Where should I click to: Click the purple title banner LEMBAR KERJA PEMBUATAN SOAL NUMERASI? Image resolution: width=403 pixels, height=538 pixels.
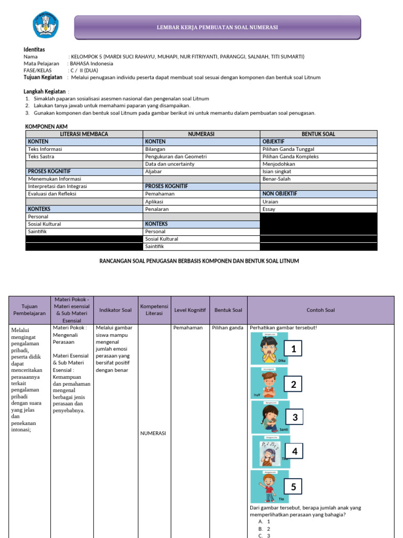pos(217,27)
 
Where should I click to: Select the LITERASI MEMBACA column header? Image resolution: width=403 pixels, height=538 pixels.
pos(84,134)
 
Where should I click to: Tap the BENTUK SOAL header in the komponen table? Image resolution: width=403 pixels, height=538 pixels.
pos(318,134)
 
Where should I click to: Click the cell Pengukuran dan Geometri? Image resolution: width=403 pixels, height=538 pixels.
pos(176,157)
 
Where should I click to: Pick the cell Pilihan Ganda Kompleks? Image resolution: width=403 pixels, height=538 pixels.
pos(290,157)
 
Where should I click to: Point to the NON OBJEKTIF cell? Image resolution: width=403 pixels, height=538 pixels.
pos(280,193)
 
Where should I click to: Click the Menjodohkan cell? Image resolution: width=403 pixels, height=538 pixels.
pos(279,164)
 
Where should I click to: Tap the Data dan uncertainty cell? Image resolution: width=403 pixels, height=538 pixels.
pos(169,164)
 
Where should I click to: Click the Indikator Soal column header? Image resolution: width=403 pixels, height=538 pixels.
pos(115,310)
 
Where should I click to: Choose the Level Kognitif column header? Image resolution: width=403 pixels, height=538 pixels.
pos(189,310)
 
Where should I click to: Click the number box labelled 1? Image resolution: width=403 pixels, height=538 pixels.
pos(294,348)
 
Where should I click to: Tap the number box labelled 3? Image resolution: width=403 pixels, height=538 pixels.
pos(295,418)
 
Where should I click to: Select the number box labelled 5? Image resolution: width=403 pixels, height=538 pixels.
pos(293,487)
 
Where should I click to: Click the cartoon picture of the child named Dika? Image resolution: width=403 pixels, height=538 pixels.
pos(268,349)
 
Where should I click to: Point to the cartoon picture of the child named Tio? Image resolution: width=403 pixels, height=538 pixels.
pos(269,486)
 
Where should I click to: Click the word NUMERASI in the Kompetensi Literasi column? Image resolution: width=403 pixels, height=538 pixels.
pos(153,433)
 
